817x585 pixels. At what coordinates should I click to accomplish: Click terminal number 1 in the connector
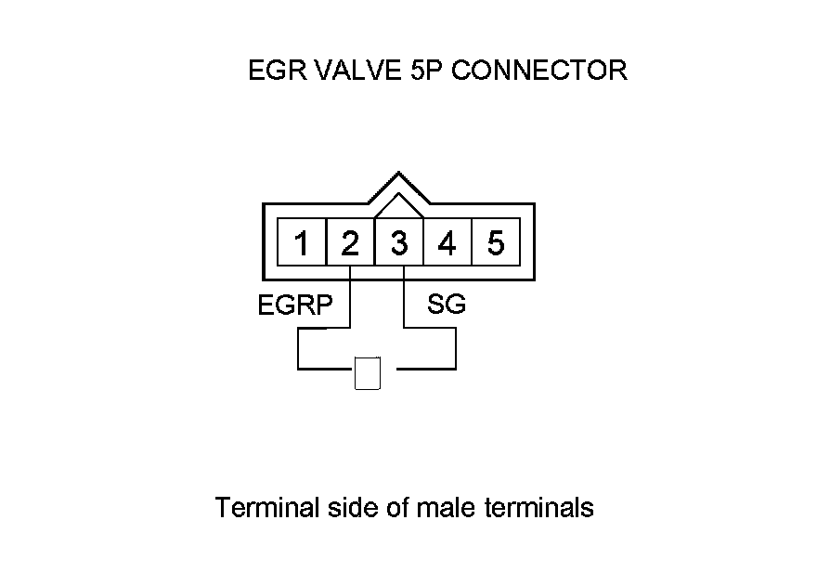click(x=302, y=244)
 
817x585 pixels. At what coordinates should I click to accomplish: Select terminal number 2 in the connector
click(x=350, y=244)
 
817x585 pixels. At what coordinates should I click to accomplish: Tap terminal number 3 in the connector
click(x=399, y=244)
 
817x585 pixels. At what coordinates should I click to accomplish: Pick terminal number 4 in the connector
click(x=447, y=244)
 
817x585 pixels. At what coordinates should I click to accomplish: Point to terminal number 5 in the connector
click(x=496, y=244)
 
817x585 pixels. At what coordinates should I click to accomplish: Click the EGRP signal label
click(x=294, y=305)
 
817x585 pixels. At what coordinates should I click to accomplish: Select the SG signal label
click(x=446, y=305)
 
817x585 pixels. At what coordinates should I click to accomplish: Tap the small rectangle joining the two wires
click(x=368, y=373)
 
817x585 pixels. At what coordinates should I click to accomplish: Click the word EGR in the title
click(x=271, y=71)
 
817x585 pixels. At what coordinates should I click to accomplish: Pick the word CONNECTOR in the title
click(x=538, y=71)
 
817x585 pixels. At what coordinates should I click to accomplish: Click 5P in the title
click(x=423, y=71)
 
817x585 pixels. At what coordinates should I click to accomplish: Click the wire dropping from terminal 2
click(x=350, y=297)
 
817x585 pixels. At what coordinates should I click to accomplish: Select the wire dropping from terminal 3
click(x=405, y=297)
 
